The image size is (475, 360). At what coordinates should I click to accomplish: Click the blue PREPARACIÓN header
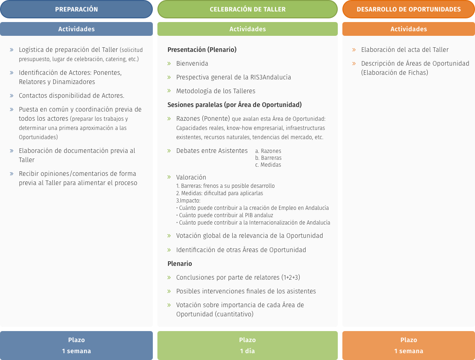(x=76, y=9)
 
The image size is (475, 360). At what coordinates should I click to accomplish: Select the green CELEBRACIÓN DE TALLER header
(x=247, y=9)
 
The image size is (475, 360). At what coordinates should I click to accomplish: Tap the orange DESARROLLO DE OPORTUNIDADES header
(x=408, y=9)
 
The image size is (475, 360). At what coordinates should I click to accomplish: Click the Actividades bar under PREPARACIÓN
(x=76, y=29)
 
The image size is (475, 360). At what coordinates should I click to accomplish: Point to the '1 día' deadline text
(x=247, y=351)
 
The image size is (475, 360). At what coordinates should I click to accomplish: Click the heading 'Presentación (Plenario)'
(x=202, y=50)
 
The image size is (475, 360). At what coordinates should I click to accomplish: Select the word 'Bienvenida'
(x=192, y=63)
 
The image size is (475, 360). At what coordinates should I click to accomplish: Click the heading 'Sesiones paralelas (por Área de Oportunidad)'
(x=235, y=105)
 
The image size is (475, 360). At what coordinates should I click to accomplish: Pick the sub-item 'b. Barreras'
(x=268, y=158)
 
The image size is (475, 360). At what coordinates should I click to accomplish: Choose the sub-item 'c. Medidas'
(x=268, y=165)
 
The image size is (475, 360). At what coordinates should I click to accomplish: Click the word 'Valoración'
(x=191, y=177)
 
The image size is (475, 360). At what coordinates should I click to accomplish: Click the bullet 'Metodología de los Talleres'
(x=216, y=91)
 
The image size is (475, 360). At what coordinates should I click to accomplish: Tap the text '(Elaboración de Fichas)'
(x=395, y=73)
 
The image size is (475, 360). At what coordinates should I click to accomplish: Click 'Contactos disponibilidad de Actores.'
(x=72, y=96)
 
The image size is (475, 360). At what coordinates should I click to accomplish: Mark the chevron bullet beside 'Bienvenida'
(x=169, y=63)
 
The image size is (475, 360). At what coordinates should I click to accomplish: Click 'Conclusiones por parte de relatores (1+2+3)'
(x=238, y=277)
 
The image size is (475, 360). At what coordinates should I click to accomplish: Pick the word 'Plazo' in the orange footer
(x=408, y=340)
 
